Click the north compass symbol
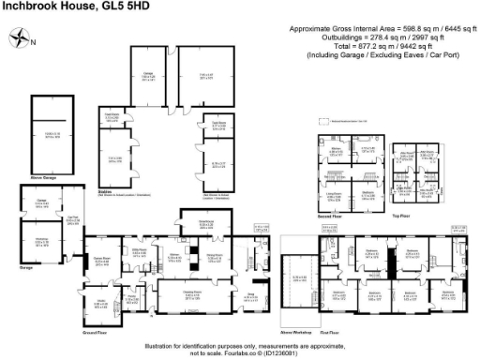tap(22, 38)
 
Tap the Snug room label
tap(251, 295)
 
